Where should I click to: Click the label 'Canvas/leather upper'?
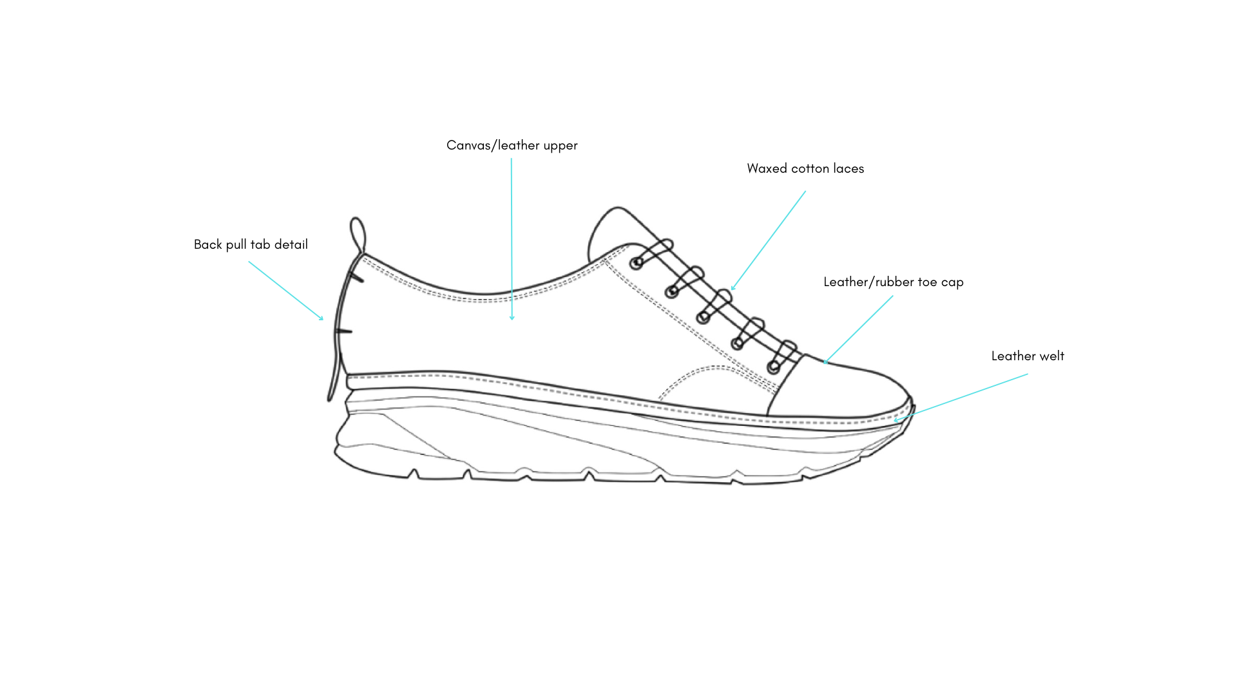(512, 146)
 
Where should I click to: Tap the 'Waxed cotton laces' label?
(805, 169)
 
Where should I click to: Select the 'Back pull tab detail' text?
(251, 245)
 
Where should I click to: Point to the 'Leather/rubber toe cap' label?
(893, 282)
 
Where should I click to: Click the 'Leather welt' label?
(1027, 356)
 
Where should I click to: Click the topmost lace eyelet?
(637, 263)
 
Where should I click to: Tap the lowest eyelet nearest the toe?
(773, 368)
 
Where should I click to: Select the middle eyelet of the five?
(704, 317)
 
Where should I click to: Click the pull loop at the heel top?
(358, 233)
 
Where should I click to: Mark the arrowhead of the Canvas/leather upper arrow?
(512, 318)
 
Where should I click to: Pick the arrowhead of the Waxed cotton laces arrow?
(733, 289)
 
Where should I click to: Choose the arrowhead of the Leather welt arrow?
(896, 420)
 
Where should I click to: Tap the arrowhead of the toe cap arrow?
(825, 362)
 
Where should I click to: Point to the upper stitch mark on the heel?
(356, 278)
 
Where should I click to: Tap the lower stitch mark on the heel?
(344, 331)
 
